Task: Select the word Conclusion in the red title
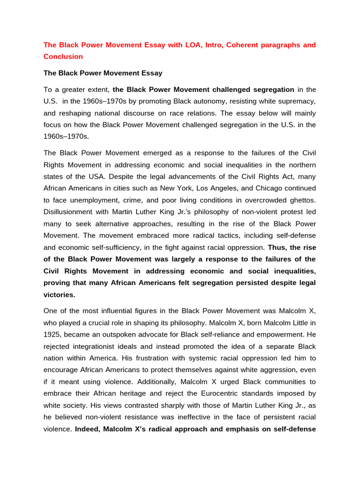point(63,57)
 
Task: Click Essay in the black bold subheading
point(151,73)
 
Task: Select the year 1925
point(52,335)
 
